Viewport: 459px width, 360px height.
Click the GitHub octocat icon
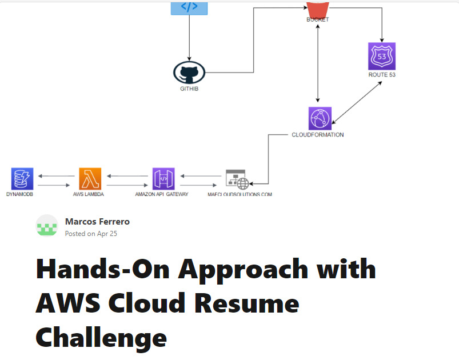click(x=189, y=73)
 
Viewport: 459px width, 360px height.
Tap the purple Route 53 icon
click(x=382, y=56)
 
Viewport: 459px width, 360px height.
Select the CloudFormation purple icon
click(x=318, y=118)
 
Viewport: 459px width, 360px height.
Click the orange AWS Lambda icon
click(x=90, y=179)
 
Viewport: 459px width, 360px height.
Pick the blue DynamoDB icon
click(x=22, y=179)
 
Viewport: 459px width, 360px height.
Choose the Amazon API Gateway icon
click(x=163, y=179)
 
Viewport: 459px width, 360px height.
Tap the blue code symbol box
click(x=189, y=7)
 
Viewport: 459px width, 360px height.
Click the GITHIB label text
click(x=189, y=89)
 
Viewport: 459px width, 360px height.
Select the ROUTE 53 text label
click(x=382, y=75)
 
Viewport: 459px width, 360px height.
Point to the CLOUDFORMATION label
click(x=318, y=135)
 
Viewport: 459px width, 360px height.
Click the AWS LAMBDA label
click(x=89, y=194)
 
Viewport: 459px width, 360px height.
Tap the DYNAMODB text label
click(x=22, y=194)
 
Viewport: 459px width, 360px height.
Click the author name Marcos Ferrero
click(x=98, y=222)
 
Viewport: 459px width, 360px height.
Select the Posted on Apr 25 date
click(x=91, y=233)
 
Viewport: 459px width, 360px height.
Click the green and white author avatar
click(x=47, y=226)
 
